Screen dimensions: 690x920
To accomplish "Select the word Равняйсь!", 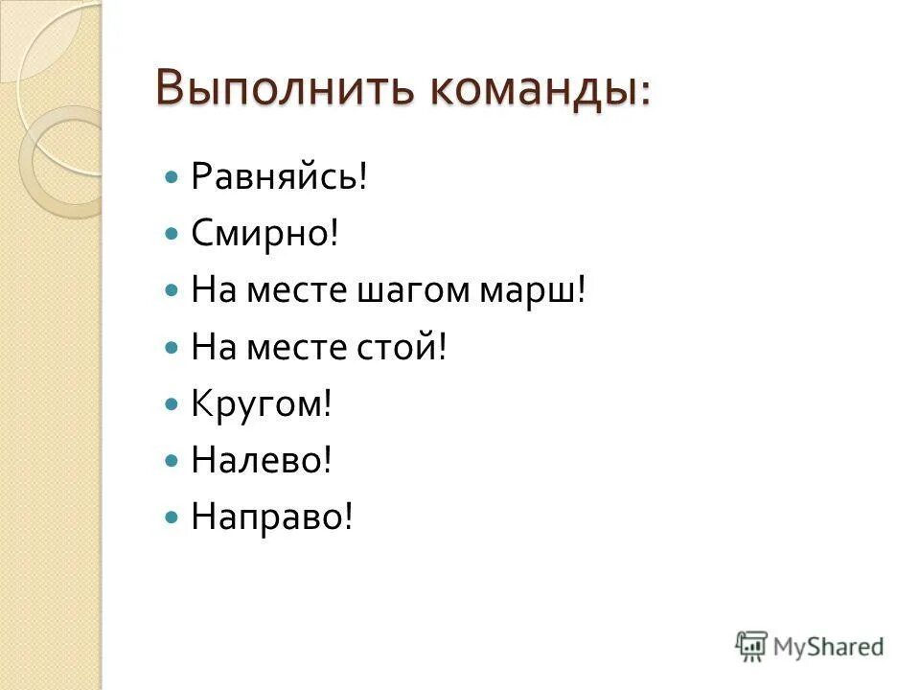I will click(x=279, y=177).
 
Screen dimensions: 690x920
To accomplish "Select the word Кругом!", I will click(x=261, y=403).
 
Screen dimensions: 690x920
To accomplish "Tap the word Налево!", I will click(x=261, y=461).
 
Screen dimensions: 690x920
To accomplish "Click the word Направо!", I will click(x=272, y=517).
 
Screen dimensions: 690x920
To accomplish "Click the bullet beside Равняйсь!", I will click(x=172, y=178).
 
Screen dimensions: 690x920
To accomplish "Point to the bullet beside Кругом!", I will click(x=172, y=404).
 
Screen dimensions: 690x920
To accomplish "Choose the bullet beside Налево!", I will click(x=172, y=461).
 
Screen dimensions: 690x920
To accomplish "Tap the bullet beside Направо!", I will click(x=172, y=517).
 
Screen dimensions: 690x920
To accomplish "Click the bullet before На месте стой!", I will click(x=172, y=348).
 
